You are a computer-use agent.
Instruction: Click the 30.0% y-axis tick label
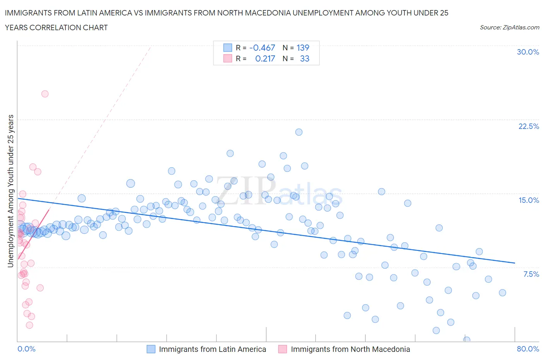tap(528, 52)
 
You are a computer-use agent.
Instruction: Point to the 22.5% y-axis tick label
tap(529, 126)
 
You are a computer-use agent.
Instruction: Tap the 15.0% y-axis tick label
tap(529, 200)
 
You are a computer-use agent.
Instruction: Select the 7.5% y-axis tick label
tap(531, 274)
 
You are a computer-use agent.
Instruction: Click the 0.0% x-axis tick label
tap(26, 349)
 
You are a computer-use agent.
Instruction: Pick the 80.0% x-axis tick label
tap(528, 349)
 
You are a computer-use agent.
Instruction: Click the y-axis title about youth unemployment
tap(11, 191)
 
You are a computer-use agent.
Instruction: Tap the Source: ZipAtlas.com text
tap(509, 27)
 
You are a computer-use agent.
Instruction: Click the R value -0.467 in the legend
tap(262, 48)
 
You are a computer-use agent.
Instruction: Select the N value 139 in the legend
tap(303, 48)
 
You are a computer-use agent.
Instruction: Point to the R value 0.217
tap(265, 58)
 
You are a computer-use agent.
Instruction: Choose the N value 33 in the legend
tap(305, 58)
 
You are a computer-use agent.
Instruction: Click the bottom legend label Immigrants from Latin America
tap(212, 349)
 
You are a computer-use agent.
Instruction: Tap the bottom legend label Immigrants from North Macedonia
tap(350, 349)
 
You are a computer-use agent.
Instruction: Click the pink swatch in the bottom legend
tap(282, 349)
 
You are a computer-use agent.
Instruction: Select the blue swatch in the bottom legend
tap(151, 349)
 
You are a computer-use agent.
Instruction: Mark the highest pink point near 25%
tap(45, 94)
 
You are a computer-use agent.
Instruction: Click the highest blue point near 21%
tap(299, 132)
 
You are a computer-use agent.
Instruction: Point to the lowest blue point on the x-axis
tap(467, 340)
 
